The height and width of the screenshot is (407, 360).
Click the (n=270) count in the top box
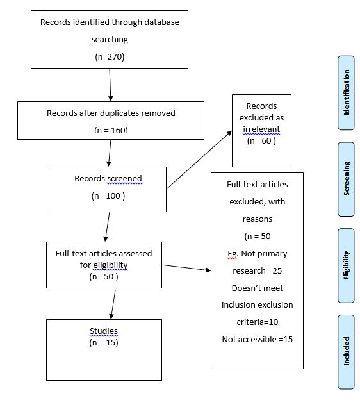tap(110, 56)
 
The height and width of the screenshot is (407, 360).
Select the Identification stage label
tap(346, 92)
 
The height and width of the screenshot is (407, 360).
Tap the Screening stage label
tap(346, 180)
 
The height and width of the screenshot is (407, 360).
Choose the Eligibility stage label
tap(346, 265)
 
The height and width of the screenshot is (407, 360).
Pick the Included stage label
tap(346, 351)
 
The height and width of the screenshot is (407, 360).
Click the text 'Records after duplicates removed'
tap(111, 113)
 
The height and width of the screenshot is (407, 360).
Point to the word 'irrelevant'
tap(261, 129)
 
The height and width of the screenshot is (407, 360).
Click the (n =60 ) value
tap(261, 141)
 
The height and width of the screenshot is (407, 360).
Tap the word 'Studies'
tap(103, 331)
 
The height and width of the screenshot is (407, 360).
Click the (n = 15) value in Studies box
tap(103, 343)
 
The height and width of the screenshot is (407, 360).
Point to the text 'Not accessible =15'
tap(257, 339)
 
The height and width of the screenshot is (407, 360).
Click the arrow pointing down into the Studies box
tap(113, 304)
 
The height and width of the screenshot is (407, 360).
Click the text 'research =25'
tap(257, 270)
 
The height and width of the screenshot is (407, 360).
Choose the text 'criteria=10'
tap(257, 321)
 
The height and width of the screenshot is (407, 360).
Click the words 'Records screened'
tap(108, 179)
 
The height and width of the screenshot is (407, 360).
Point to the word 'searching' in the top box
tap(110, 39)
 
